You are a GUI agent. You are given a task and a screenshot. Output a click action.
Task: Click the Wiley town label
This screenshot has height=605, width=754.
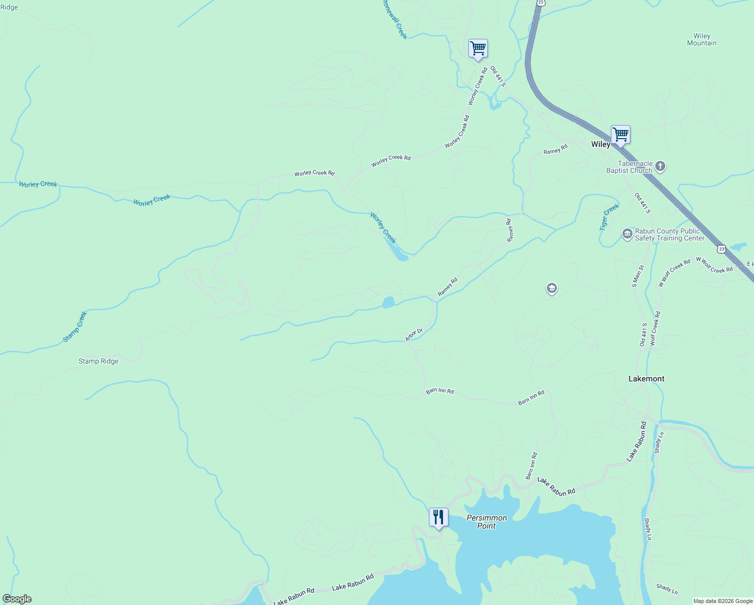click(x=600, y=144)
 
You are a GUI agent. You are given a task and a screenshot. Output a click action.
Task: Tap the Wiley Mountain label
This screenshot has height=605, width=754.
click(x=702, y=39)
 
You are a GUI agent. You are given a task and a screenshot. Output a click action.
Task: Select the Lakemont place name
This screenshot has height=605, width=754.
click(x=646, y=379)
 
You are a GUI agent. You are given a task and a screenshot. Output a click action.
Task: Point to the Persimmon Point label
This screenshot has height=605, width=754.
click(x=486, y=522)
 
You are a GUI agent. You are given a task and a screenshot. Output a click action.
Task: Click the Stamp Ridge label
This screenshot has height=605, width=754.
click(x=98, y=361)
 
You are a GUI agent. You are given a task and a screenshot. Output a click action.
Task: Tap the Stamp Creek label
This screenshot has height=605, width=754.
click(x=75, y=327)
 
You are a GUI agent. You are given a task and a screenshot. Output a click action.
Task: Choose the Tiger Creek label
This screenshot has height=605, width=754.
click(x=609, y=217)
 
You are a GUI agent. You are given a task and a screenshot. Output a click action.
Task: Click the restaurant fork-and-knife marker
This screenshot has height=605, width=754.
click(x=438, y=517)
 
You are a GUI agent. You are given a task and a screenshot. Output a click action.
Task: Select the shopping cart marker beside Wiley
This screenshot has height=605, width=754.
click(x=620, y=135)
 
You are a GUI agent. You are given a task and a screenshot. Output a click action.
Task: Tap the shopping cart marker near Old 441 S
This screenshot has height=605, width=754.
click(x=477, y=48)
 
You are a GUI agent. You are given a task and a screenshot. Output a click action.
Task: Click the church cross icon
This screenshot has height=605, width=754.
click(x=660, y=166)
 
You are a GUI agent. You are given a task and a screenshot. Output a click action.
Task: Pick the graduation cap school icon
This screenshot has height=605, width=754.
click(x=551, y=288)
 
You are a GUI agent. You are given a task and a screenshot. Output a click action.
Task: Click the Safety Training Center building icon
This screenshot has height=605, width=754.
click(x=627, y=233)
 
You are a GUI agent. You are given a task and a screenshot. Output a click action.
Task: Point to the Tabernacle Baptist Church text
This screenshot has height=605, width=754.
click(x=630, y=167)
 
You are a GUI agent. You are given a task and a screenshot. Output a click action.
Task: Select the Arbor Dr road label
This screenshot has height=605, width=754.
click(x=414, y=335)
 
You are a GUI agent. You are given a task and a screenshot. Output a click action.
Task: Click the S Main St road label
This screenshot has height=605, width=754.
click(x=638, y=276)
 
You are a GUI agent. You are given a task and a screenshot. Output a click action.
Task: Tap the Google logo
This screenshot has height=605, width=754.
click(x=17, y=599)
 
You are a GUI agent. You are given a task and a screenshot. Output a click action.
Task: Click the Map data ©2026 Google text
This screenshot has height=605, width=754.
click(x=723, y=601)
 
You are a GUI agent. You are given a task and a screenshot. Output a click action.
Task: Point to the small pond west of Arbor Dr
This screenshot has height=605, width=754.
click(x=388, y=302)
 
